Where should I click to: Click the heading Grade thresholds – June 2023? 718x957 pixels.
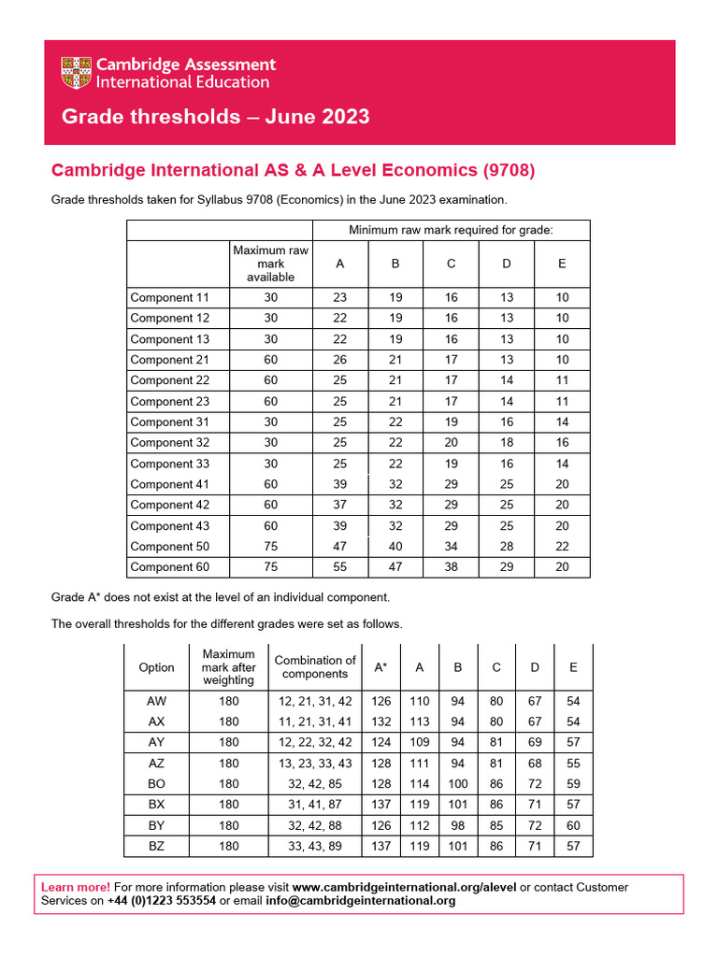(x=215, y=117)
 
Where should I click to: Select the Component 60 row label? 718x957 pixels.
(x=169, y=566)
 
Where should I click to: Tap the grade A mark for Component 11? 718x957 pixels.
(x=339, y=297)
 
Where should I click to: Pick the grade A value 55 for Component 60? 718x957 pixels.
(x=339, y=566)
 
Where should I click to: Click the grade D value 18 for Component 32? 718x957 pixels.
(x=506, y=443)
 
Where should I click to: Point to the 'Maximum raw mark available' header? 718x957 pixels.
(x=270, y=264)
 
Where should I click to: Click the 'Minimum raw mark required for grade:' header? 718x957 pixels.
(x=451, y=230)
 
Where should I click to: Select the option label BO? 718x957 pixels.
(x=156, y=783)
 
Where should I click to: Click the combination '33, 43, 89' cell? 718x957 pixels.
(x=313, y=846)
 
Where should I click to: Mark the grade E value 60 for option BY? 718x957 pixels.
(x=573, y=825)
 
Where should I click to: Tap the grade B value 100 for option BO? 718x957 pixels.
(x=458, y=783)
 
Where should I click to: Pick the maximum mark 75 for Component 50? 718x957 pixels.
(x=270, y=546)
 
